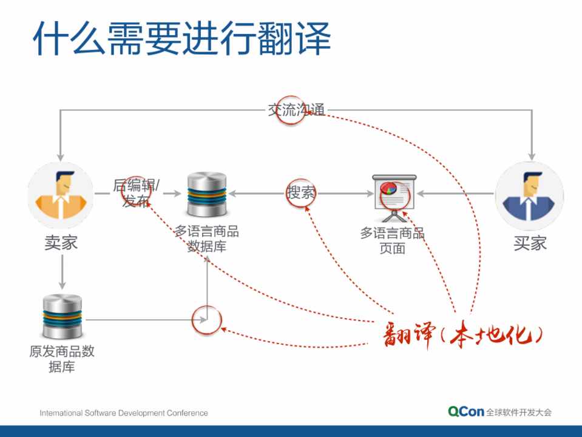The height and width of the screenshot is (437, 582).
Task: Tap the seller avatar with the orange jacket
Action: pyautogui.click(x=61, y=195)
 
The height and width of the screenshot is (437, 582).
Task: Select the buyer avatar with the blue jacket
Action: pyautogui.click(x=530, y=195)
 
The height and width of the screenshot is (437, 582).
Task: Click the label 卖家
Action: pyautogui.click(x=61, y=243)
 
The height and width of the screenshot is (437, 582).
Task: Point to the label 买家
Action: pyautogui.click(x=530, y=243)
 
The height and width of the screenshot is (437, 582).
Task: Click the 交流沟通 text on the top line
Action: pyautogui.click(x=296, y=110)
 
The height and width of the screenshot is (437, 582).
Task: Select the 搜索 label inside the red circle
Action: pyautogui.click(x=301, y=193)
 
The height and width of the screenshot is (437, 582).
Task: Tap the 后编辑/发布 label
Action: pyautogui.click(x=137, y=193)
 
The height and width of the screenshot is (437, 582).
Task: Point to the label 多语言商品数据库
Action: pyautogui.click(x=206, y=239)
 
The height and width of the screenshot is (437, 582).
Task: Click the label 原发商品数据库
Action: pyautogui.click(x=62, y=359)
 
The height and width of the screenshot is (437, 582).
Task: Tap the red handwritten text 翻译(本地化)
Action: pyautogui.click(x=461, y=333)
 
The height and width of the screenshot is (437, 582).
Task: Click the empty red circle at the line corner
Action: pyautogui.click(x=206, y=319)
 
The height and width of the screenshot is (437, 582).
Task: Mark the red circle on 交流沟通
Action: pyautogui.click(x=291, y=110)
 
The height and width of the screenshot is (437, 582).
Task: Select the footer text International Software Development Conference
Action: pyautogui.click(x=124, y=413)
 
